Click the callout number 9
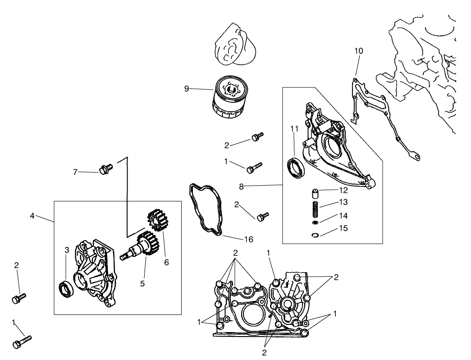pyautogui.click(x=186, y=89)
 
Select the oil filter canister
pyautogui.click(x=230, y=97)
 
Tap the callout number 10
pyautogui.click(x=358, y=51)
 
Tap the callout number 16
pyautogui.click(x=248, y=239)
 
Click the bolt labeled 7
pyautogui.click(x=106, y=169)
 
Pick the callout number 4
pyautogui.click(x=32, y=215)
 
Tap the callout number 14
pyautogui.click(x=343, y=215)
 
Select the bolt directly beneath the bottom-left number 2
pyautogui.click(x=18, y=298)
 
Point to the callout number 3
pyautogui.click(x=66, y=250)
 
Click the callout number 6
pyautogui.click(x=166, y=262)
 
